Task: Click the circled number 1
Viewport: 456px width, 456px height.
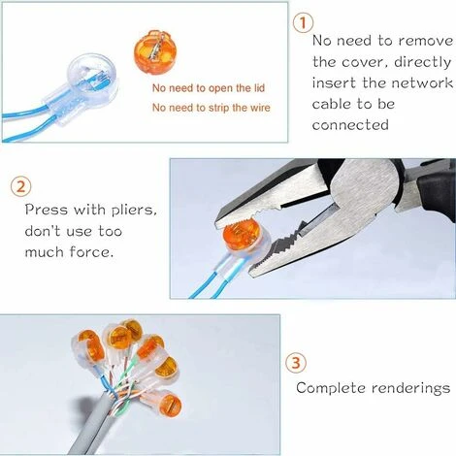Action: [305, 21]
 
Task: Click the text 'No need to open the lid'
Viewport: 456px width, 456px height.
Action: [207, 87]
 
